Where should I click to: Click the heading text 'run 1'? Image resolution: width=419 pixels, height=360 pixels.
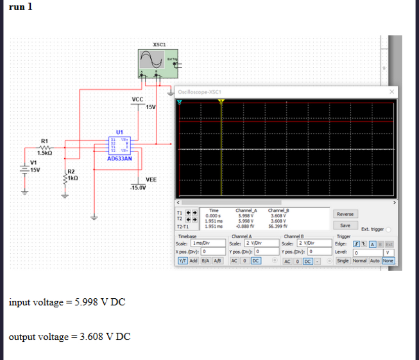click(x=21, y=8)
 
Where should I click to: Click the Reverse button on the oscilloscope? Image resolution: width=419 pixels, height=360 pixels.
click(x=345, y=214)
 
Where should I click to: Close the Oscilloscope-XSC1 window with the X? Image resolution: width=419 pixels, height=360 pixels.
click(x=392, y=92)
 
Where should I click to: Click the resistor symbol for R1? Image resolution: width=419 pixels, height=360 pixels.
click(x=44, y=147)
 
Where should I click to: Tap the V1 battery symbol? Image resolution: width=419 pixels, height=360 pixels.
click(x=23, y=170)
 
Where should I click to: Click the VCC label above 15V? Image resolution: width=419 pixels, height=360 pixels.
click(x=137, y=99)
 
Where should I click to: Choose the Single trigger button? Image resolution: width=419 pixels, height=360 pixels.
click(x=342, y=260)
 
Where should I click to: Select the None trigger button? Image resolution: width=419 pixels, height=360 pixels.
click(x=388, y=260)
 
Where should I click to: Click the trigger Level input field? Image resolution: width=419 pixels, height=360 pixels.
click(x=367, y=252)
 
